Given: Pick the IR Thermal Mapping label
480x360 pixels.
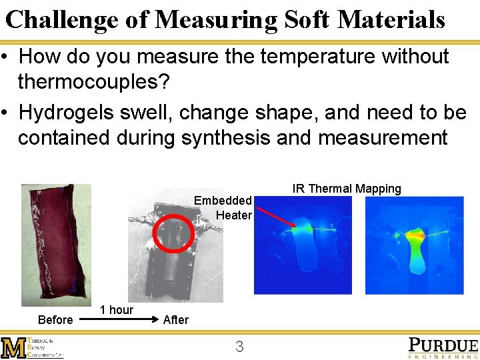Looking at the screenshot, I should pos(347,189).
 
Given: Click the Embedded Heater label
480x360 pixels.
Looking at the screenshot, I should pos(223,207).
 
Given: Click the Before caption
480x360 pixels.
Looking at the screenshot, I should pos(55,320).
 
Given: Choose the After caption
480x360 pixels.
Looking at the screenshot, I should pos(176,320).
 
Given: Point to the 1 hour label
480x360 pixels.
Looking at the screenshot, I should pos(116,310).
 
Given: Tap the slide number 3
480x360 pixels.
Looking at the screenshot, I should pos(239,347).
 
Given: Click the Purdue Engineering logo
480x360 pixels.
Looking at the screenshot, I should pos(443,347).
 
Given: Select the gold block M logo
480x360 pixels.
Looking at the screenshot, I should pos(13,348).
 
